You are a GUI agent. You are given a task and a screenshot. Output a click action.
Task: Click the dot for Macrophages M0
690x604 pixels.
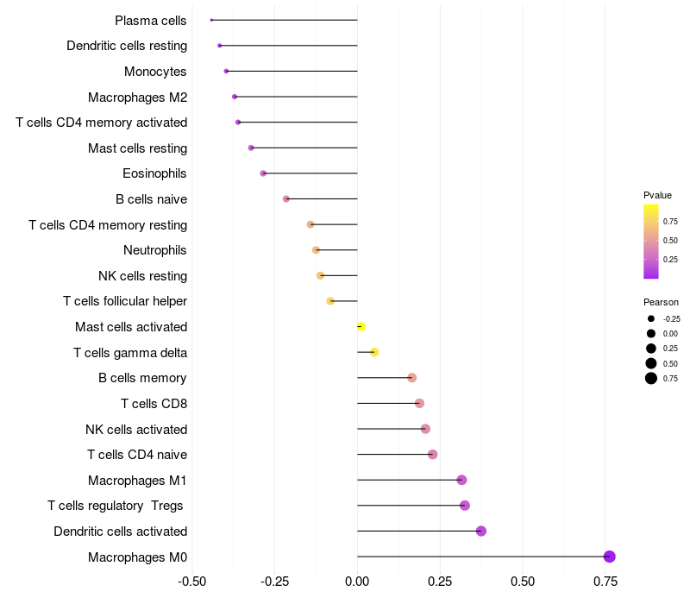[610, 557]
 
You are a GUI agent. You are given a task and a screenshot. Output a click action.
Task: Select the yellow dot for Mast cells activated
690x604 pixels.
[361, 326]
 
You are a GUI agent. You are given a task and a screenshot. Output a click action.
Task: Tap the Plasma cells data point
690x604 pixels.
[211, 20]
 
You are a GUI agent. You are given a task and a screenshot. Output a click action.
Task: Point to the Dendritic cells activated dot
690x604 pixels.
[481, 531]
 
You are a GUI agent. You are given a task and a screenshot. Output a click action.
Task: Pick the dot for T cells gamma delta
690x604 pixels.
[374, 352]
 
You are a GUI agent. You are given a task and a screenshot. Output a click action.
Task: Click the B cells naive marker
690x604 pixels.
[286, 198]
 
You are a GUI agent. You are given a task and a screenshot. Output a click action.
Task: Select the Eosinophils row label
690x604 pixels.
[154, 173]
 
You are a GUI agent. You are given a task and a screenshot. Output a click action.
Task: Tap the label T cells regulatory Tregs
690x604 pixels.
[116, 506]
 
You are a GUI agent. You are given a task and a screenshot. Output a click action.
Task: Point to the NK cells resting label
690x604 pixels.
[142, 276]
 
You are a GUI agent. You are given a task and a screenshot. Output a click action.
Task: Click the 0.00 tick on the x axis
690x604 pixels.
[357, 582]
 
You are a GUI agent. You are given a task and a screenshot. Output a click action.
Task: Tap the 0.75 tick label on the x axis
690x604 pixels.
[605, 582]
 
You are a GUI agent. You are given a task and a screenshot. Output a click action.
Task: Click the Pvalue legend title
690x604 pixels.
[657, 195]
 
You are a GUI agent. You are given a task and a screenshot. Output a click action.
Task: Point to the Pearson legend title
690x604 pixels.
[661, 302]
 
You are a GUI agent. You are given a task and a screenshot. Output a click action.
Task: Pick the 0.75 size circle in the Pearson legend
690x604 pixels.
[651, 378]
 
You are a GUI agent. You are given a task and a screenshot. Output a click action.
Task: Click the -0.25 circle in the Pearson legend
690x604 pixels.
[651, 318]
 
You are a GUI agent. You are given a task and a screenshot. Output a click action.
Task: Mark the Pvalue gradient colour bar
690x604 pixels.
[651, 242]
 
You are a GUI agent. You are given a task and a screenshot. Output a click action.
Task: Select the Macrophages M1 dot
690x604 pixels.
[461, 480]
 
